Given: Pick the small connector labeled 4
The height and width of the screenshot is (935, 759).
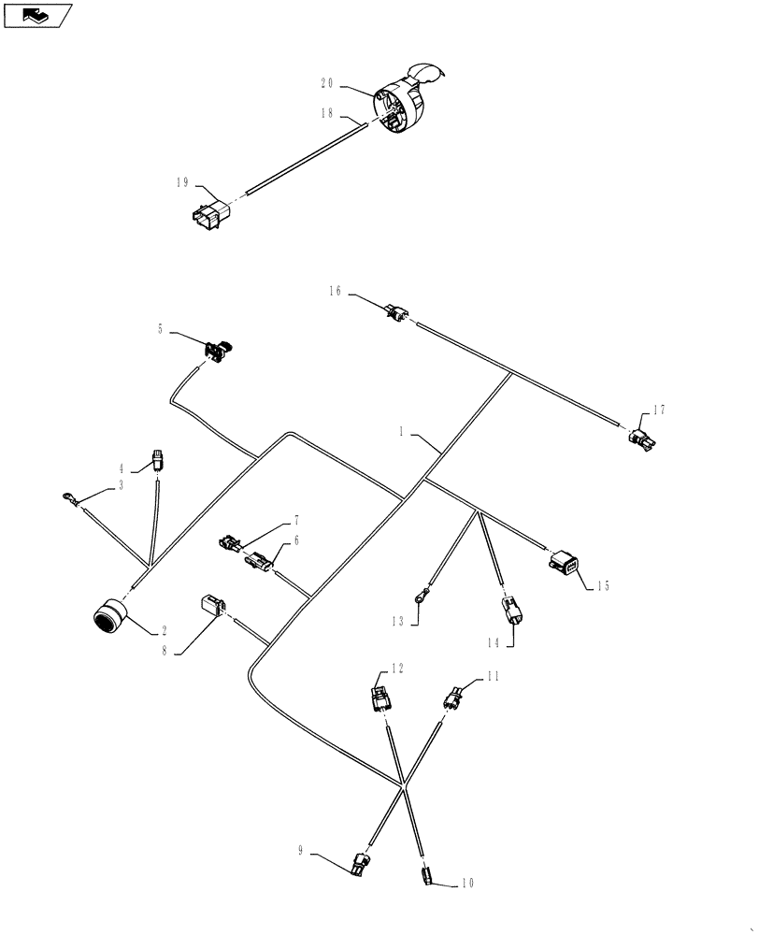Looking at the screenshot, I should click(x=158, y=459).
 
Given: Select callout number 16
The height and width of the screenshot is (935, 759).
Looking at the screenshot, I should click(x=335, y=293).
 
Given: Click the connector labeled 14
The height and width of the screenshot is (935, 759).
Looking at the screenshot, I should click(x=513, y=611).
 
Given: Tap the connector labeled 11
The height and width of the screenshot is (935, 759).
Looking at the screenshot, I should click(x=455, y=697).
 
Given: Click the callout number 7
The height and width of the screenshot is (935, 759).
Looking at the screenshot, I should click(x=296, y=518).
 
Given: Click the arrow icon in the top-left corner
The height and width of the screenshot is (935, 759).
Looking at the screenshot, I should click(x=36, y=15).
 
